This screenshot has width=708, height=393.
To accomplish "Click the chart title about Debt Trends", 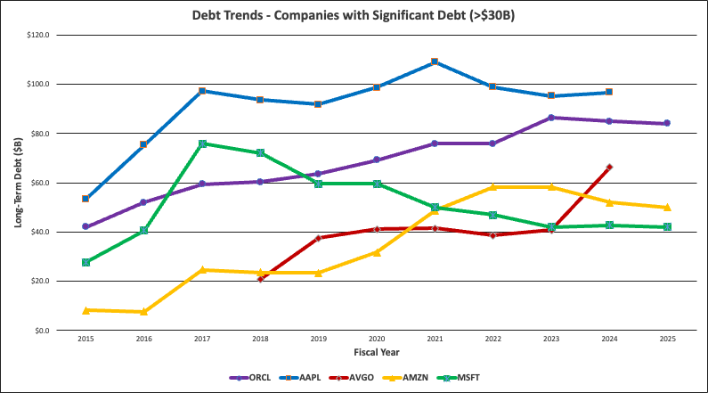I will coord(354,15).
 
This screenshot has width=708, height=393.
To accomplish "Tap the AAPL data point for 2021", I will coord(434,61).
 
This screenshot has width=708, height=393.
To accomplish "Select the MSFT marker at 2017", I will coord(202,143).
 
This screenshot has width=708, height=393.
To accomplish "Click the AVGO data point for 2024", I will coord(609,167).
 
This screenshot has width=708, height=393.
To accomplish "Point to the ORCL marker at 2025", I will coord(667,123).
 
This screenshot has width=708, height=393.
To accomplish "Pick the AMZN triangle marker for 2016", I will coord(143,311).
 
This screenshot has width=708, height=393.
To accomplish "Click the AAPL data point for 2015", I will coord(85,199).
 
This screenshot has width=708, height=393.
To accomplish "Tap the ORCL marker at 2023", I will coord(550,118).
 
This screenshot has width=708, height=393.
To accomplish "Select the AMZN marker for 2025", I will coord(667,207).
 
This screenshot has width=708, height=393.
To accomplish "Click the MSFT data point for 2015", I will coord(85,262).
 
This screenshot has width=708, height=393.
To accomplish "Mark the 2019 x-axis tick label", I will coord(318,340).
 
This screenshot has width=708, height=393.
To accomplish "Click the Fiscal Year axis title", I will coord(376,353).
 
